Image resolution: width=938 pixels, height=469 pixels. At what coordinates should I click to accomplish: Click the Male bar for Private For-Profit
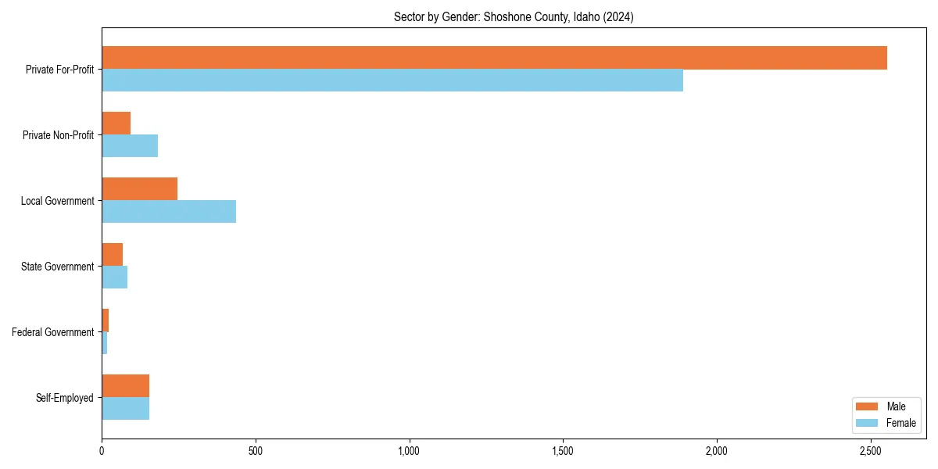coord(494,58)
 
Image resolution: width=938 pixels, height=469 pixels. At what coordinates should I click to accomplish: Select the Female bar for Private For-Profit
coord(392,81)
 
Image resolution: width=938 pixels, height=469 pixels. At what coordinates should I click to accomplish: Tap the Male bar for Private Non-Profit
coord(116,124)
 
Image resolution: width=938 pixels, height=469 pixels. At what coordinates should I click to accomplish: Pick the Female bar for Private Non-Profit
coord(130,146)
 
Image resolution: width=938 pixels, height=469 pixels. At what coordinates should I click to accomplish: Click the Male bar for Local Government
coord(140,189)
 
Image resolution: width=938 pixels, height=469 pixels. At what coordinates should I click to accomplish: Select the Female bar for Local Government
coord(169,212)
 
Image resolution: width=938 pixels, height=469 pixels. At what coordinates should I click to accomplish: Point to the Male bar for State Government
coord(113,255)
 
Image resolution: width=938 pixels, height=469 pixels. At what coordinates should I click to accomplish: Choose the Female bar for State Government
coord(115,277)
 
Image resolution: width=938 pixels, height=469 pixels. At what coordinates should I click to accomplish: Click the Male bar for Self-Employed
coord(126,386)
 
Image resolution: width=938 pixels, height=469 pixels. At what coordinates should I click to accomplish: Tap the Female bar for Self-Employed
coord(126,409)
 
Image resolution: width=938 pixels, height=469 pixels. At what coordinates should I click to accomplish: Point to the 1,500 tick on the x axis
coord(563,451)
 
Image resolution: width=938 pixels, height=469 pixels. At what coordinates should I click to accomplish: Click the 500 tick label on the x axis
coord(255,451)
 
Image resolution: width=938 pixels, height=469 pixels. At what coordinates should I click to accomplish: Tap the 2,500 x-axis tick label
coord(871,451)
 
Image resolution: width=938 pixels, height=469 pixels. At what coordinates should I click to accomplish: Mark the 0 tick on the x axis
coord(102,451)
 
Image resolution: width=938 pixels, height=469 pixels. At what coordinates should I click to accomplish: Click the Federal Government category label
coord(53,332)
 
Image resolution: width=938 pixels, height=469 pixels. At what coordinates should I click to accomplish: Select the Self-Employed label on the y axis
coord(65,398)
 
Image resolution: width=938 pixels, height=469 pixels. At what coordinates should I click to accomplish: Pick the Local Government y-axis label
coord(58,201)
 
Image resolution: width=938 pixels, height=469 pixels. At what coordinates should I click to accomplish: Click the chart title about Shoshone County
coord(514,17)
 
